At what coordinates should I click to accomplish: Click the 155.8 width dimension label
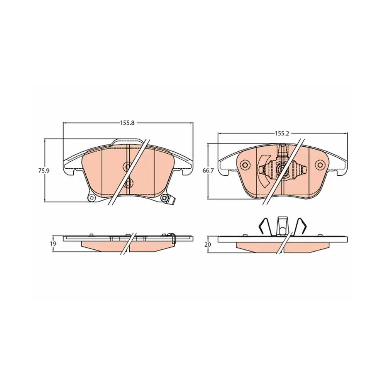pyautogui.click(x=127, y=123)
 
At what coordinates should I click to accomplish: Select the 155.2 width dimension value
pyautogui.click(x=282, y=133)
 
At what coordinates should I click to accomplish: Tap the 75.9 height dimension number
pyautogui.click(x=44, y=170)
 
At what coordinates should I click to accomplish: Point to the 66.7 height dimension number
pyautogui.click(x=208, y=170)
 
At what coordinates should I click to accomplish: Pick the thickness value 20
pyautogui.click(x=208, y=244)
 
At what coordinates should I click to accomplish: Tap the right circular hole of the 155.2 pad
pyautogui.click(x=320, y=165)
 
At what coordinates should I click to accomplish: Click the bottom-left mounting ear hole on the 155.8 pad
pyautogui.click(x=91, y=198)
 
